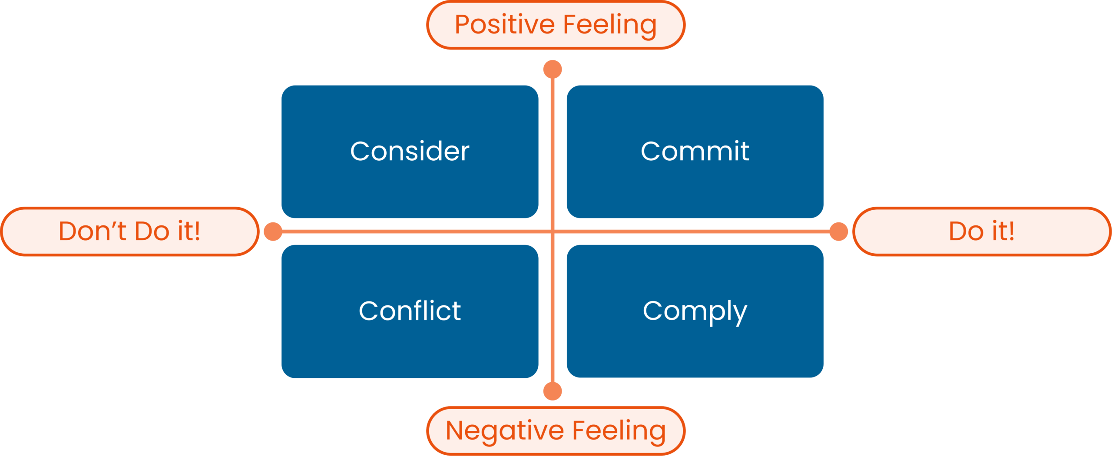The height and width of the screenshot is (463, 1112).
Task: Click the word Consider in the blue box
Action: coord(410,151)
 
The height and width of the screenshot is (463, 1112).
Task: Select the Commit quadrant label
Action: coord(695,151)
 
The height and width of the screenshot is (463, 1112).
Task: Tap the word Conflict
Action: coord(410,311)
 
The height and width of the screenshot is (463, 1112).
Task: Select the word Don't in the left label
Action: coord(92,231)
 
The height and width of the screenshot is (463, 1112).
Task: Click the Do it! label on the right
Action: coord(981,231)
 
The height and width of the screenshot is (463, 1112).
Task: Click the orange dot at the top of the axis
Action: coord(553,69)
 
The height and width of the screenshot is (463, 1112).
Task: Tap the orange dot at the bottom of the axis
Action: coord(553,391)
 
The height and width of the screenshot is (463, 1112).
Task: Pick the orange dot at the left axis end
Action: coord(273,231)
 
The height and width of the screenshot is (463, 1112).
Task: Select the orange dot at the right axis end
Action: coord(838,231)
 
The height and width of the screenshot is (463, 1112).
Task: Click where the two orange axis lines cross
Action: coord(553,231)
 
